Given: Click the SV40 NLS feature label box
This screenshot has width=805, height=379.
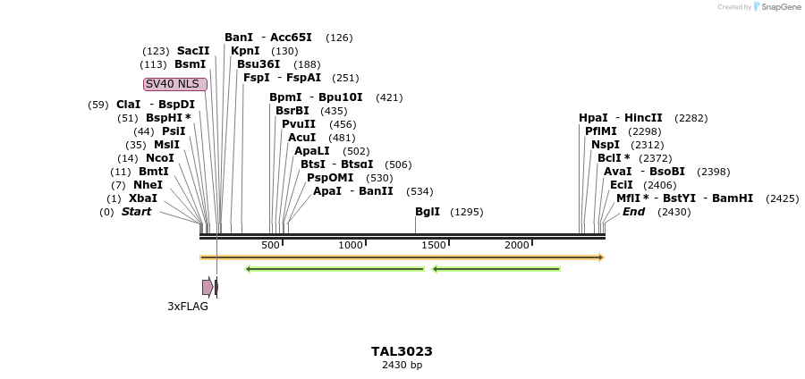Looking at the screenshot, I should pos(175,84).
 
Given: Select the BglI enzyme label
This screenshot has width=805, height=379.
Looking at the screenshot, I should pos(428,212).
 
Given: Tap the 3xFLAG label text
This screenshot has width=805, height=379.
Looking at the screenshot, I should pos(188,307).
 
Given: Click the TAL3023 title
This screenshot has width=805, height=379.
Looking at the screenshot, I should pos(402,351).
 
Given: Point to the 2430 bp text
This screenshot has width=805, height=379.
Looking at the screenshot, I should pos(402,365).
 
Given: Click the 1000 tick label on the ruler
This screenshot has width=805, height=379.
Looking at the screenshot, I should pos(351,245).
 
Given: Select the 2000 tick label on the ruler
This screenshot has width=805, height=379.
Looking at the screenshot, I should pos(517,245).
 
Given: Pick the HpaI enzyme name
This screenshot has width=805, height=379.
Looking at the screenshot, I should pos(593,118).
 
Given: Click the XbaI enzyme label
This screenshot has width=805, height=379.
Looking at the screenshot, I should pos(143,198).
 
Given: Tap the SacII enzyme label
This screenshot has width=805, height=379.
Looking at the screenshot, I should pos(193,51).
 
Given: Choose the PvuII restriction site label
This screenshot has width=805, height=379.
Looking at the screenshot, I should pos(299,124).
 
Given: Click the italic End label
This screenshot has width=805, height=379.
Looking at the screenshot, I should pos(633,212).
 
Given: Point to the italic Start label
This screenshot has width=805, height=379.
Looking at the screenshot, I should pos(136,212).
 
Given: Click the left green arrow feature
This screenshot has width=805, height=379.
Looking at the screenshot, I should pos(335,268).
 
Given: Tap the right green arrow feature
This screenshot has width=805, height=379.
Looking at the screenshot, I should pos(496,268).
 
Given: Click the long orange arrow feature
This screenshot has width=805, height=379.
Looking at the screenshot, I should pos(402,257).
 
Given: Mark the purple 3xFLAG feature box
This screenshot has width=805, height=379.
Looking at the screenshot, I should pos(208,287).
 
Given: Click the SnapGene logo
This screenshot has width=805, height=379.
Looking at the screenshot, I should pos(775,7).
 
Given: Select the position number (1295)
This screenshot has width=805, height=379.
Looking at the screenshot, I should pos(466,212).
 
